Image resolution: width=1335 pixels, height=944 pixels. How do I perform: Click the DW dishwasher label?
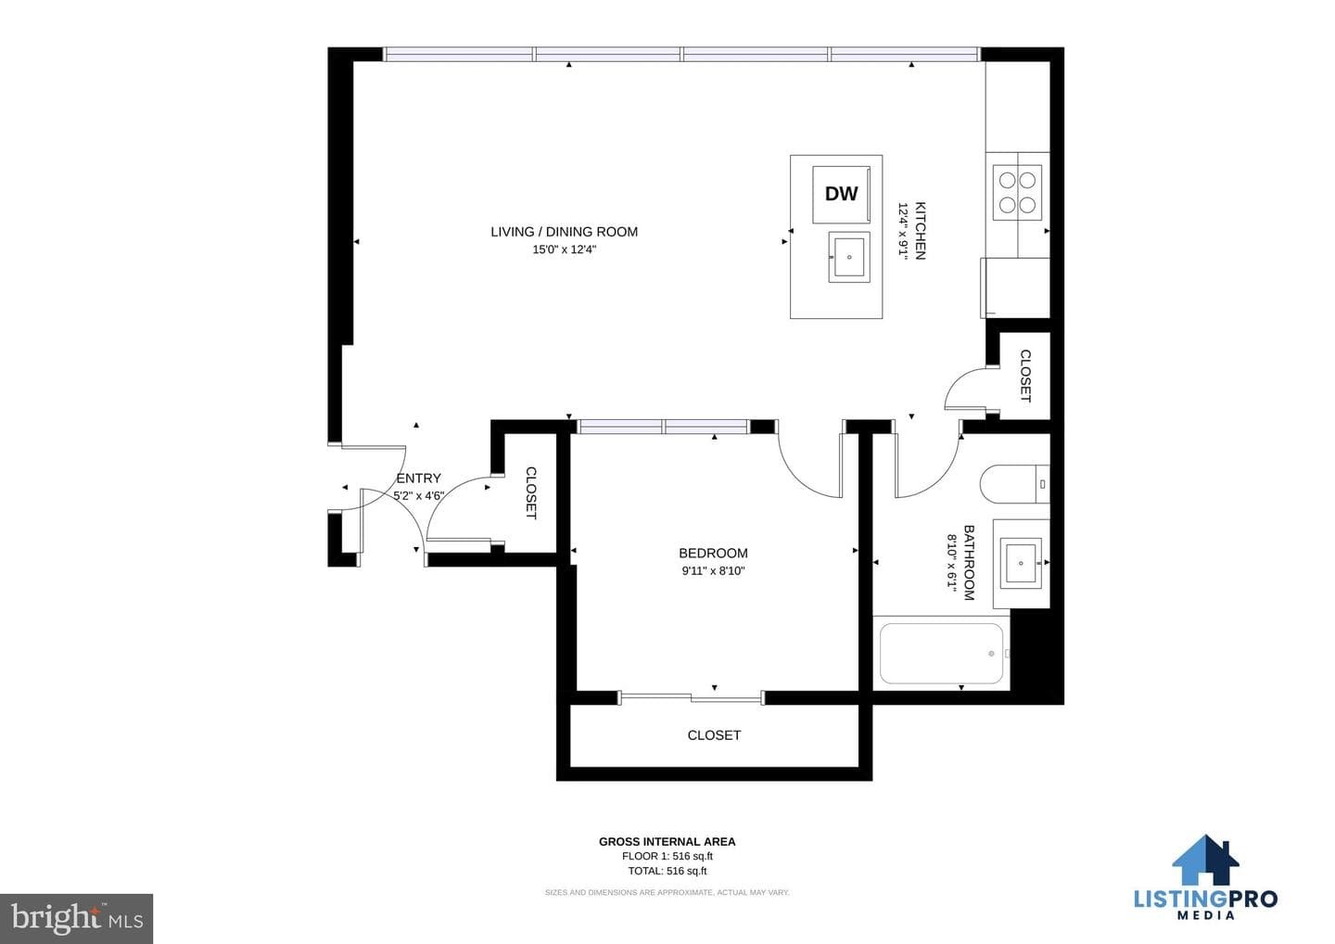pyautogui.click(x=841, y=193)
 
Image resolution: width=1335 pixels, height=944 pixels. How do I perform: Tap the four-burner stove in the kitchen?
pyautogui.click(x=1017, y=193)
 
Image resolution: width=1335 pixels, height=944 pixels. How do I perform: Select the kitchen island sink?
pyautogui.click(x=848, y=257)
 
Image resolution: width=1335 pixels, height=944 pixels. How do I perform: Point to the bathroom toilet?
pyautogui.click(x=1014, y=484)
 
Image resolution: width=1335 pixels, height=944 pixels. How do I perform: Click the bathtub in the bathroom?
pyautogui.click(x=941, y=653)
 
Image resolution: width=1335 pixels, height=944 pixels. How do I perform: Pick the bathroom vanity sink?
pyautogui.click(x=1021, y=563)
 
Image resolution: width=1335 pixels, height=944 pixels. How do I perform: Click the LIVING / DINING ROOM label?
pyautogui.click(x=564, y=232)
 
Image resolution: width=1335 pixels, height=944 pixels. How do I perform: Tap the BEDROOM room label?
pyautogui.click(x=714, y=553)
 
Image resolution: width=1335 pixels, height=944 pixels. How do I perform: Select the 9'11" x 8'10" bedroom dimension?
pyautogui.click(x=714, y=571)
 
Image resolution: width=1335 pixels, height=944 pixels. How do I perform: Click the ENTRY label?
pyautogui.click(x=418, y=478)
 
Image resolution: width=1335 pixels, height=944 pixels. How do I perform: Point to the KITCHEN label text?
pyautogui.click(x=921, y=231)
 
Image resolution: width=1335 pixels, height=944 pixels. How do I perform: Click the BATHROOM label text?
pyautogui.click(x=969, y=563)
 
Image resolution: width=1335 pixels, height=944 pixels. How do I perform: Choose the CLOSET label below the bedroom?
pyautogui.click(x=714, y=735)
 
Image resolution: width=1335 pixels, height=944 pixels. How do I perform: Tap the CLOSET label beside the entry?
pyautogui.click(x=531, y=492)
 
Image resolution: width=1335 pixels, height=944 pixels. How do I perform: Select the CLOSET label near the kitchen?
pyautogui.click(x=1025, y=376)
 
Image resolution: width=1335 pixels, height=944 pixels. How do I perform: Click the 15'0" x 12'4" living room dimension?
pyautogui.click(x=564, y=249)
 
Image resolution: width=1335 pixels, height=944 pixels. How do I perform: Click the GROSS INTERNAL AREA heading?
pyautogui.click(x=667, y=841)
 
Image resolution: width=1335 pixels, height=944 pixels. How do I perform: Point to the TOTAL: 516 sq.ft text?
pyautogui.click(x=667, y=871)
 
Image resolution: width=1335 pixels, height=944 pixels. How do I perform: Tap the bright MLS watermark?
pyautogui.click(x=77, y=918)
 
